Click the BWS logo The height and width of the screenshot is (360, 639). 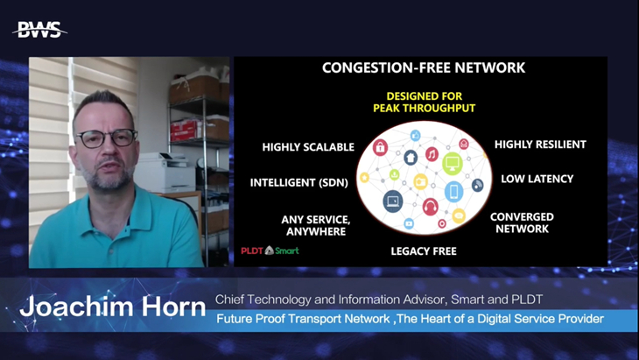pyautogui.click(x=40, y=30)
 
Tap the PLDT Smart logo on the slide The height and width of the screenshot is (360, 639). pyautogui.click(x=270, y=251)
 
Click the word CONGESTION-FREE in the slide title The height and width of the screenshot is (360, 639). pyautogui.click(x=383, y=67)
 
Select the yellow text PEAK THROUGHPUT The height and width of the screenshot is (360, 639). pyautogui.click(x=425, y=108)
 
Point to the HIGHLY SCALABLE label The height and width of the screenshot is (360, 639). pyautogui.click(x=308, y=147)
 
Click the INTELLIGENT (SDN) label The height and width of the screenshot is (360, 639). pyautogui.click(x=299, y=183)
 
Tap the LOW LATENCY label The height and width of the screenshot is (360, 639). pyautogui.click(x=537, y=179)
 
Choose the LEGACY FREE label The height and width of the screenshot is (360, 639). pyautogui.click(x=424, y=251)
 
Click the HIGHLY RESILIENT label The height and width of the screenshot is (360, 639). pyautogui.click(x=540, y=145)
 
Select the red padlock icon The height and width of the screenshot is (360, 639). pyautogui.click(x=380, y=147)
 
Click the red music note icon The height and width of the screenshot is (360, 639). pyautogui.click(x=432, y=154)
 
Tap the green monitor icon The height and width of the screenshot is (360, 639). pyautogui.click(x=453, y=164)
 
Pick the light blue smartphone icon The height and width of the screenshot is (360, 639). pyautogui.click(x=453, y=191)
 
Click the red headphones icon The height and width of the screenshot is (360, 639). pyautogui.click(x=431, y=207)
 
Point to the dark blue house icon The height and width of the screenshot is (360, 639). pyautogui.click(x=411, y=157)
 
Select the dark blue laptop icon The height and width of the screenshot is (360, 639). pyautogui.click(x=393, y=201)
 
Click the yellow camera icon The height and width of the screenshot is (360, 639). pyautogui.click(x=420, y=181)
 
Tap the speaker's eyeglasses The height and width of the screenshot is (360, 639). pyautogui.click(x=108, y=138)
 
